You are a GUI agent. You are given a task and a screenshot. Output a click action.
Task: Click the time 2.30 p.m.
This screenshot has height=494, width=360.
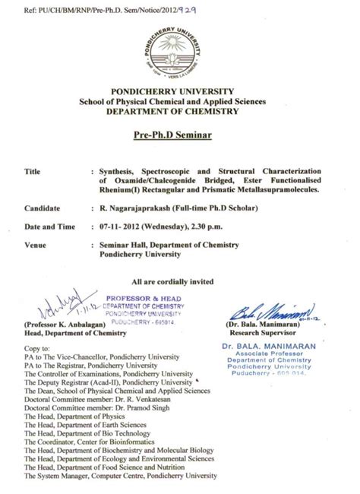[x=224, y=226]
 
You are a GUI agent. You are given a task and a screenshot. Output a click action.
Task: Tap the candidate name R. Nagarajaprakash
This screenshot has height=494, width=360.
[x=138, y=206]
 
